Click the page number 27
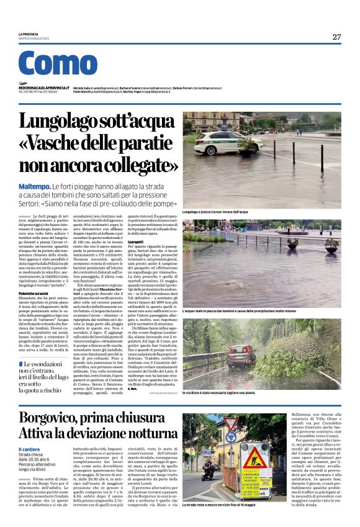(336, 37)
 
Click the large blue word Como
(58, 64)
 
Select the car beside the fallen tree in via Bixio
(246, 357)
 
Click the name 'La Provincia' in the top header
(29, 34)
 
